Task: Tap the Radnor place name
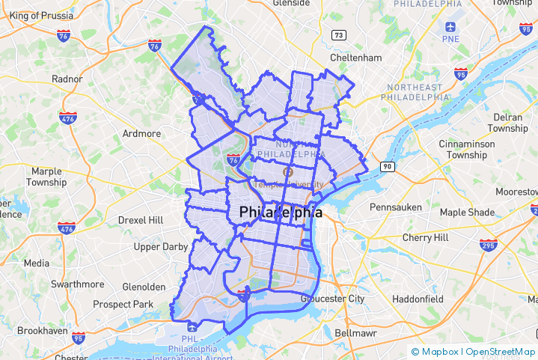tap(67, 79)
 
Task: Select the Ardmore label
tap(141, 134)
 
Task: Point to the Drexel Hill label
tap(140, 220)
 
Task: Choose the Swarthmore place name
tap(78, 284)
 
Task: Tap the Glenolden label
tap(144, 287)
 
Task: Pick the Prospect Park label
tap(123, 305)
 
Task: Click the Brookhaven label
tap(43, 330)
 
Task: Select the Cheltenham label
tap(356, 58)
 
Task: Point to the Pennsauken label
tap(396, 207)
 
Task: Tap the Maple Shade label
tap(467, 212)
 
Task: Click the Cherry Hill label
tap(425, 237)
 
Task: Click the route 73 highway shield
tap(339, 35)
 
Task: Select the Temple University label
tap(288, 184)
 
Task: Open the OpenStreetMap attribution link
tap(501, 352)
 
